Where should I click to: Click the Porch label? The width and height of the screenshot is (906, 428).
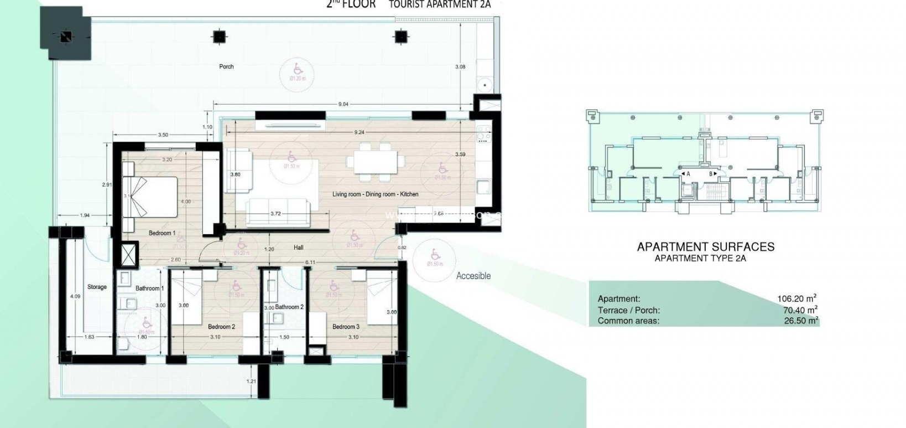[226, 66]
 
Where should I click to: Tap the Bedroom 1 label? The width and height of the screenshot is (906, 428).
[162, 233]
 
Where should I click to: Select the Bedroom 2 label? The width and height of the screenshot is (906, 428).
[221, 327]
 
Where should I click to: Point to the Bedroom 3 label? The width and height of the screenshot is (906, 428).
[346, 327]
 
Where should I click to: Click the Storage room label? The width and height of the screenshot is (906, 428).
[97, 287]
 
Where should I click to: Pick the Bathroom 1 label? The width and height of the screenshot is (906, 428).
[150, 288]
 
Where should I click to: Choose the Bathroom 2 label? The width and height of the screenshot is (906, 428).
[289, 307]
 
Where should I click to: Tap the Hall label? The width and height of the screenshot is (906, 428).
[298, 247]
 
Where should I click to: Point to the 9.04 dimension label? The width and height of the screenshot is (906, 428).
[343, 104]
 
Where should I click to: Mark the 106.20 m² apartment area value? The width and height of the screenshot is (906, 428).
[796, 298]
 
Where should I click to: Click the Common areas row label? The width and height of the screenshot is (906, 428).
[628, 321]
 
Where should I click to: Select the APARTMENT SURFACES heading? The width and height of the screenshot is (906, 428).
[705, 247]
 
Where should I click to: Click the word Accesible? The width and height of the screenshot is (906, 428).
[473, 276]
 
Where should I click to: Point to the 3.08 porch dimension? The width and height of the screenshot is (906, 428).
[460, 66]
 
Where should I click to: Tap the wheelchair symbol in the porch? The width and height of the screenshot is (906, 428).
[298, 69]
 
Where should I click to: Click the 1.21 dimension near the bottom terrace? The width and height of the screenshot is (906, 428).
[252, 381]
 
